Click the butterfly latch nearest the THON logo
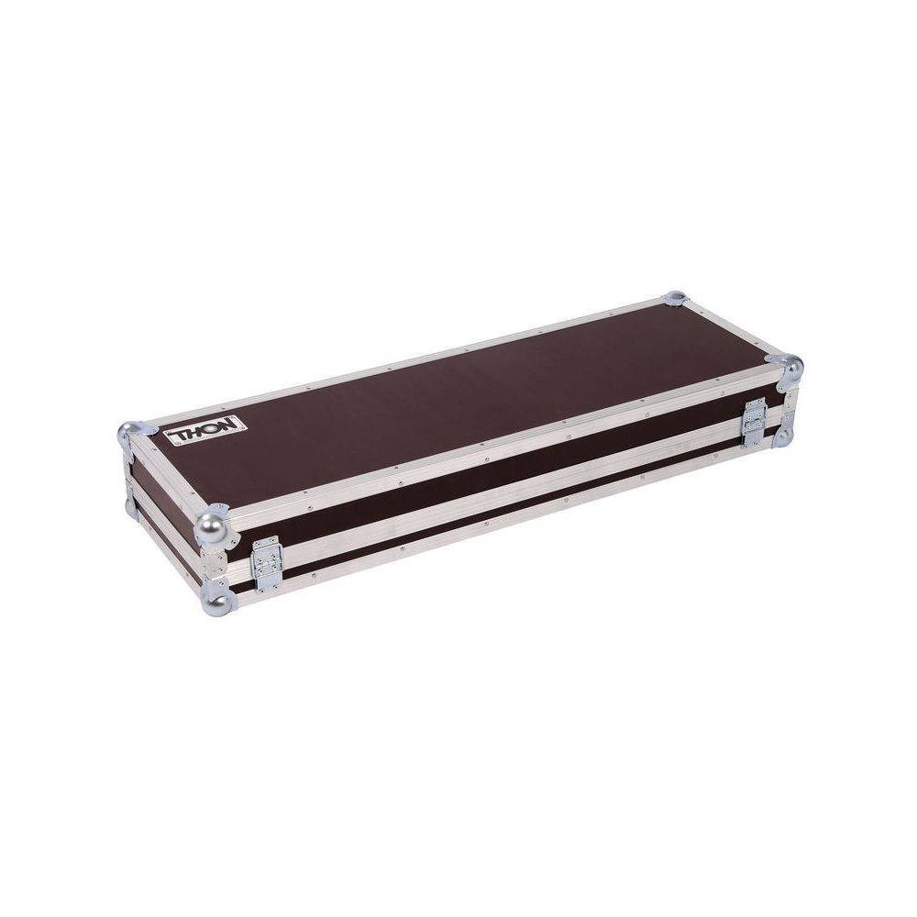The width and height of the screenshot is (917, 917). [267, 562]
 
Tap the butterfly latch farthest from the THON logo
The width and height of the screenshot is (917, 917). [755, 422]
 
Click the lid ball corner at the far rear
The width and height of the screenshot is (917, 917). [675, 298]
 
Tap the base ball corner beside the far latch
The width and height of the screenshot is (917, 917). [786, 435]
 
